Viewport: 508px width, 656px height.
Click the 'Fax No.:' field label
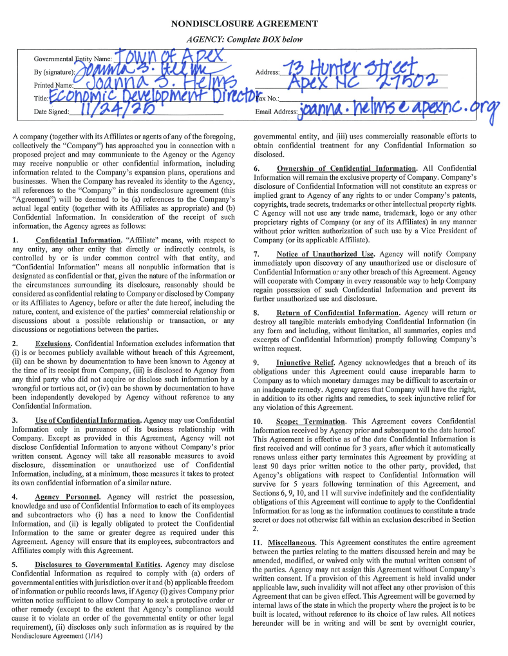pyautogui.click(x=268, y=99)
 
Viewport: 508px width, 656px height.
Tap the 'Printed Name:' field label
pyautogui.click(x=53, y=85)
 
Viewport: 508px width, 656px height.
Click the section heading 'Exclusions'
pyautogui.click(x=53, y=343)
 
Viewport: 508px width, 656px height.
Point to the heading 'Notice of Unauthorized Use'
pyautogui.click(x=326, y=254)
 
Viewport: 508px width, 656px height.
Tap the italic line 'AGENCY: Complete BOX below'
pyautogui.click(x=244, y=39)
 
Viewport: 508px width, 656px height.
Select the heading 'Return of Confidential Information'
pyautogui.click(x=338, y=313)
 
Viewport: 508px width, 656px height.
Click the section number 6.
pyautogui.click(x=256, y=169)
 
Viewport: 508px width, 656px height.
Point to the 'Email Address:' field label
pyautogui.click(x=276, y=111)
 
